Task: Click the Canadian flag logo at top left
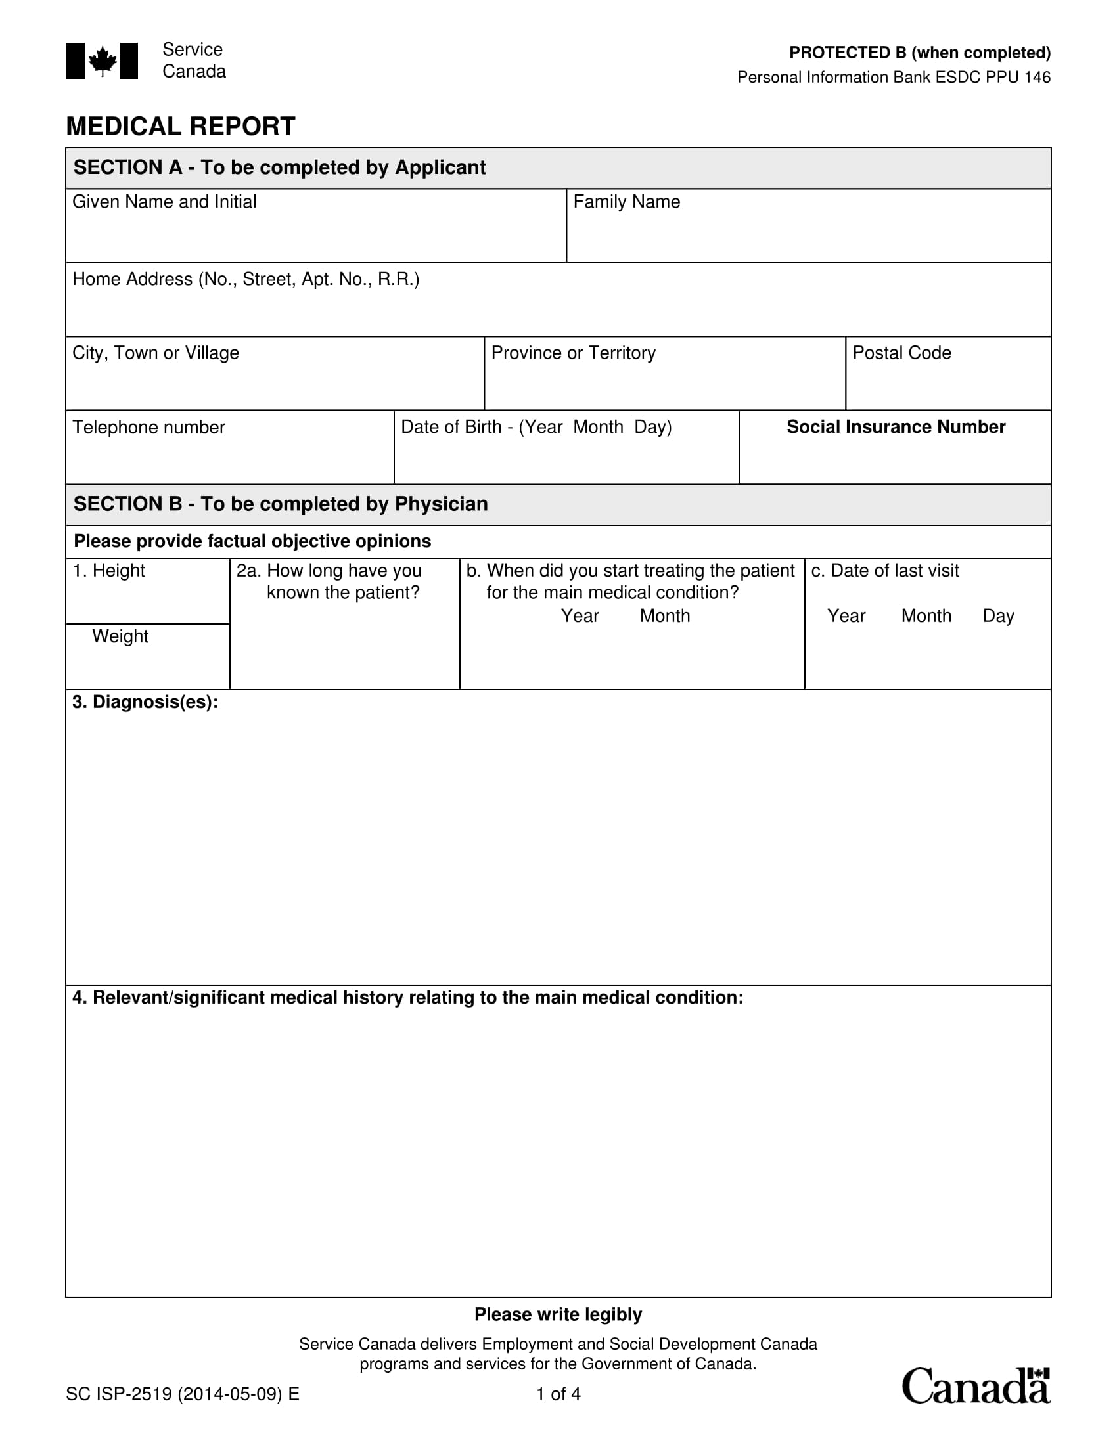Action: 101,61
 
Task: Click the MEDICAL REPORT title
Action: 180,126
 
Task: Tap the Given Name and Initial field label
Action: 164,202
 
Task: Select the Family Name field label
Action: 626,202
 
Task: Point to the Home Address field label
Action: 246,279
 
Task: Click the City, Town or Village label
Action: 156,353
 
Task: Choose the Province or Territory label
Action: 573,353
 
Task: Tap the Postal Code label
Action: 901,353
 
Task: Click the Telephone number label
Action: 149,428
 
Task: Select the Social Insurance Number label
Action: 896,427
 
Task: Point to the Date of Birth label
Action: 536,427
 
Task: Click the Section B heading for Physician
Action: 281,504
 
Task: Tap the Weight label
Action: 120,636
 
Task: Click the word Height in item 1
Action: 118,570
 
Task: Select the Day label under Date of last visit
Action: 998,616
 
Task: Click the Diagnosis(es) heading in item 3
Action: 145,702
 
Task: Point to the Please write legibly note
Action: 558,1314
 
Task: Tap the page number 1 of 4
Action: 558,1394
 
